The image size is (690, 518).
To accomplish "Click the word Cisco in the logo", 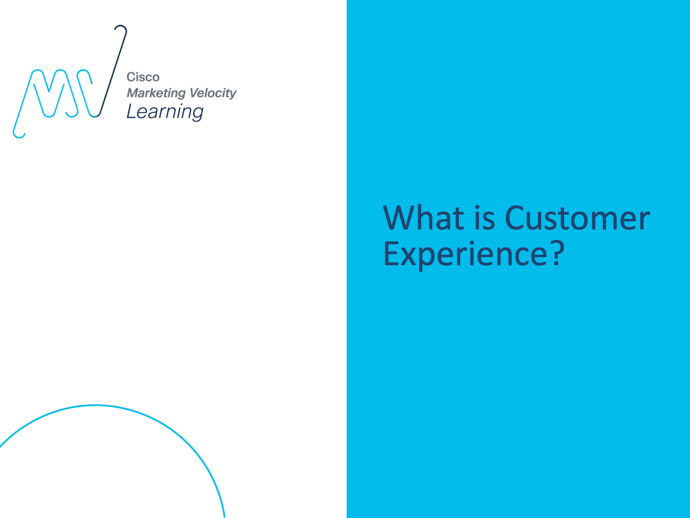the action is pos(143,77).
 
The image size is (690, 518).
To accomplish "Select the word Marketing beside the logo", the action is pos(156,94).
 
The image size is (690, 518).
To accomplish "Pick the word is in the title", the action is pos(484,217).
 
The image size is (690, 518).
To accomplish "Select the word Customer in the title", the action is pos(577,218).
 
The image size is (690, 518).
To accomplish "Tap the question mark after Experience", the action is pos(557,253).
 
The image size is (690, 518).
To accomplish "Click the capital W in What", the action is pos(401,218).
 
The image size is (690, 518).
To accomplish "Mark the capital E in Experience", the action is pos(392,253).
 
